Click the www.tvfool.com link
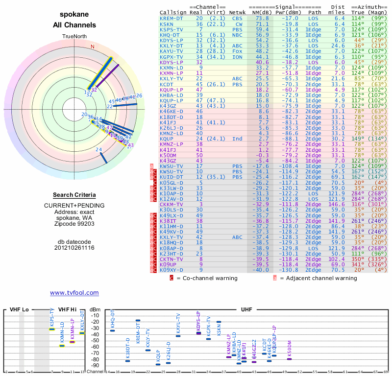coord(74,293)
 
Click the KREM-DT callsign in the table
coord(172,18)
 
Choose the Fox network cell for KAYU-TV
coord(238,51)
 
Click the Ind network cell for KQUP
coord(238,139)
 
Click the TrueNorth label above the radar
coord(74,37)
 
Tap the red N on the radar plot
coord(92,47)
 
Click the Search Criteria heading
coord(74,195)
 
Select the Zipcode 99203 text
coord(74,224)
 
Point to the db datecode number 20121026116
coord(74,248)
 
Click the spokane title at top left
coord(74,15)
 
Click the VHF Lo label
coord(19,309)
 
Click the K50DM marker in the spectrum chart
coord(290,359)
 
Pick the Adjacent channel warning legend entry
coord(318,278)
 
